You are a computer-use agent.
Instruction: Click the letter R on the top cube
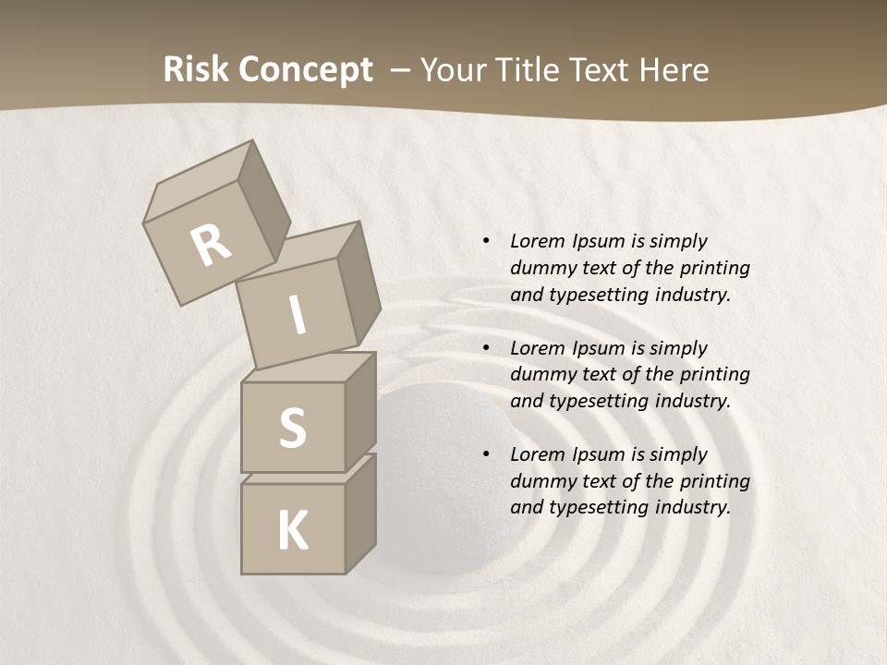[x=212, y=246]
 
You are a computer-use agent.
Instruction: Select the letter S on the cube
[x=292, y=428]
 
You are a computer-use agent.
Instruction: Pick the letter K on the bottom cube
[x=292, y=531]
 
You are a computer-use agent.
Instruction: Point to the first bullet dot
[x=486, y=241]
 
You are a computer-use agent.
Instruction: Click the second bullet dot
[x=486, y=348]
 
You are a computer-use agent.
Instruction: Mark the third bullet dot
[x=486, y=454]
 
